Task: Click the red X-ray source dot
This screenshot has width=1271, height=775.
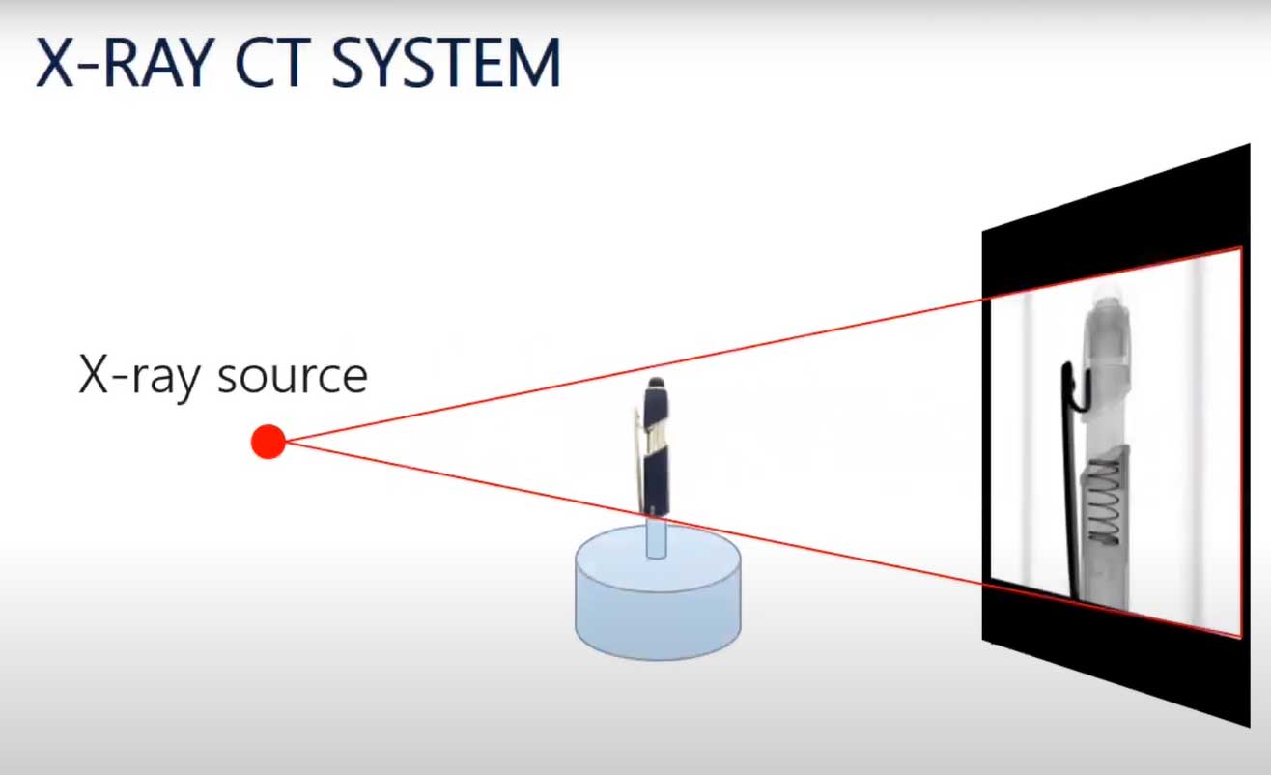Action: [x=268, y=442]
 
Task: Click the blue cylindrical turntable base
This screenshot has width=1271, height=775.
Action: [x=658, y=609]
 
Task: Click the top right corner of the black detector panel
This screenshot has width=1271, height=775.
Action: [x=1249, y=147]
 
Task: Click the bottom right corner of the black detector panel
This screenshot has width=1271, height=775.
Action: [x=1249, y=725]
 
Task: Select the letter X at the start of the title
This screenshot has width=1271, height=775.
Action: [x=55, y=63]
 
